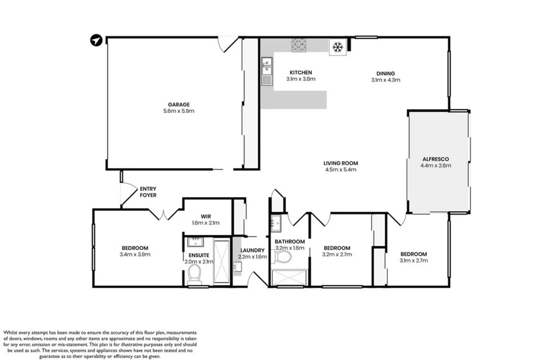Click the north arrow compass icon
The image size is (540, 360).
pos(96,40)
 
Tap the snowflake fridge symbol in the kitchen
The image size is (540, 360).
pos(337,47)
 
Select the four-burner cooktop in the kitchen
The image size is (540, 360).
pos(298,45)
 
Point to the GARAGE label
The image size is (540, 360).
pos(179,104)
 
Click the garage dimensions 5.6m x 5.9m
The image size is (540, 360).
pos(179,111)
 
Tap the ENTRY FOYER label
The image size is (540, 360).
pos(148,192)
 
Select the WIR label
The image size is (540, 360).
pos(206,216)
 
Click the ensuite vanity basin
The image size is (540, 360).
pos(196,242)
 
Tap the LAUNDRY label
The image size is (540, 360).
pos(252,250)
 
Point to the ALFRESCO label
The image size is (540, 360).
pos(436,159)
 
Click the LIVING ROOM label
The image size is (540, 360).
pos(341,163)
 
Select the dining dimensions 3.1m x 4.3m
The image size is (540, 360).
pos(386,80)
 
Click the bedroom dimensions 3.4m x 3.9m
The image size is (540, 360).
pos(135,255)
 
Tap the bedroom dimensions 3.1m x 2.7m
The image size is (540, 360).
pos(414,260)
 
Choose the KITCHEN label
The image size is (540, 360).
pos(301,72)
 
